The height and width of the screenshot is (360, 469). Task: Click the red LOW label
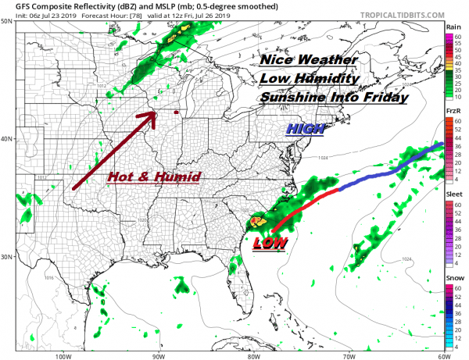(268, 243)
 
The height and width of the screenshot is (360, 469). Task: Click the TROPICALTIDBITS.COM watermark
(396, 15)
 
